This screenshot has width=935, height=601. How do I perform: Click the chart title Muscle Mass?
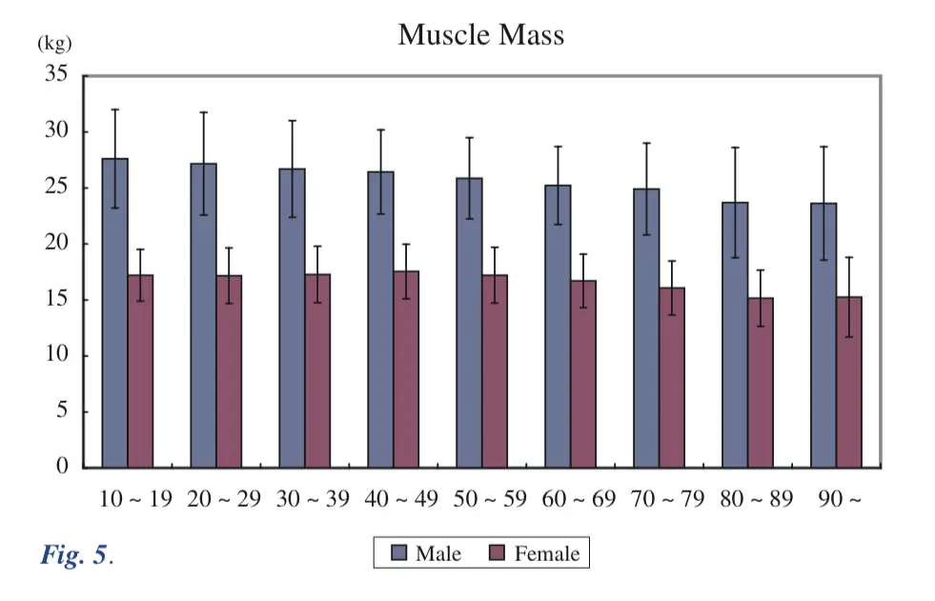480,35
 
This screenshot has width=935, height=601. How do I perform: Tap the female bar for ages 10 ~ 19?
140,371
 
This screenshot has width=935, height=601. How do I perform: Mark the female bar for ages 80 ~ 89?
761,382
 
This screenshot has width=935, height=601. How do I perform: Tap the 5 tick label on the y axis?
62,411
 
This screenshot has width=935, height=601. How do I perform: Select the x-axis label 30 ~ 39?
313,500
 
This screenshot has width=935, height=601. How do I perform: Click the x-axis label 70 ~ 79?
667,500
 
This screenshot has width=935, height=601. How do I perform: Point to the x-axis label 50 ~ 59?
490,500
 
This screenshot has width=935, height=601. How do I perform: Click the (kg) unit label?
54,44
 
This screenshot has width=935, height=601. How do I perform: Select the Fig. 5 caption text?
76,555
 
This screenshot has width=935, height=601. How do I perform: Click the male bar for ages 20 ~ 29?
203,315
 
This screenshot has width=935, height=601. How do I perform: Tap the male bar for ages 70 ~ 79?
646,328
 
